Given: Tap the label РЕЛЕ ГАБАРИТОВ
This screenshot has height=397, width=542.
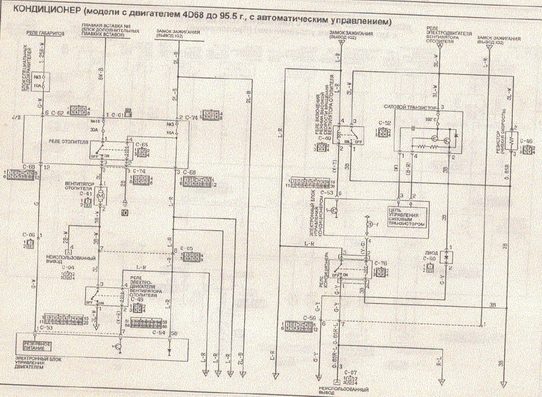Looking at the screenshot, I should (x=43, y=34).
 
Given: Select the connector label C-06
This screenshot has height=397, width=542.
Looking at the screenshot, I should (x=28, y=235).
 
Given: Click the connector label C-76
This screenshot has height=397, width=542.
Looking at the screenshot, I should (x=381, y=263).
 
